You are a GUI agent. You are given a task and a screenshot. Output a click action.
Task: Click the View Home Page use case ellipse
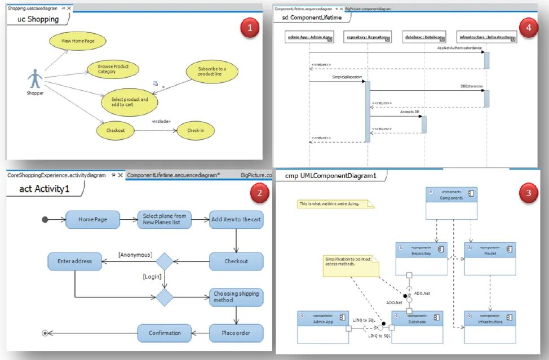(77, 41)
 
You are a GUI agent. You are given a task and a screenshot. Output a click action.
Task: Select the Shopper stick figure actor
(35, 79)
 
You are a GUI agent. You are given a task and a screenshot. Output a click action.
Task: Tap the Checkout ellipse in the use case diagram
(116, 130)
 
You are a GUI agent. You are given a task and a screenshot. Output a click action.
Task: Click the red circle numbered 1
(249, 27)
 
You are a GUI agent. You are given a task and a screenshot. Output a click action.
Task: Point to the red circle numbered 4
(528, 28)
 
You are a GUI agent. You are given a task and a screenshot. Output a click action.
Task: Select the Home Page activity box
(92, 219)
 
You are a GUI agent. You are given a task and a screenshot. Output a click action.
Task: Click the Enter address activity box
(74, 261)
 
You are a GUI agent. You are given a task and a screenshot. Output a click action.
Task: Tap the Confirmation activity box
(165, 333)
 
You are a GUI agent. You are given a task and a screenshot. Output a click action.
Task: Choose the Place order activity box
(236, 333)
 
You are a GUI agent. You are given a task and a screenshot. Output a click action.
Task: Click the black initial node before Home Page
(45, 219)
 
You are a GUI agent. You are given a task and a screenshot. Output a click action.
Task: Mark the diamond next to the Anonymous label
(165, 261)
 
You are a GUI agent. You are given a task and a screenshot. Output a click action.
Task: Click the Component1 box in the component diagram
(451, 202)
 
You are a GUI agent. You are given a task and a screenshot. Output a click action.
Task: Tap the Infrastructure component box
(490, 326)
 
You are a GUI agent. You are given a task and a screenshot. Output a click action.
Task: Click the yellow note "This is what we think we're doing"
(335, 204)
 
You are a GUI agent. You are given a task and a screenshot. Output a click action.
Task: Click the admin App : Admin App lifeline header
(309, 37)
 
